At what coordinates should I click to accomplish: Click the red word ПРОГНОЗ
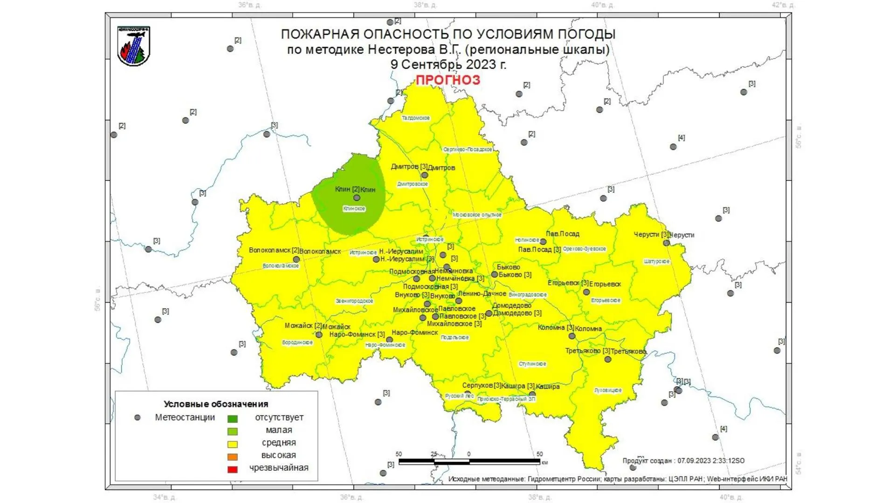pyautogui.click(x=447, y=80)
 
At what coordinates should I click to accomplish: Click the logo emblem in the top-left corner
pyautogui.click(x=134, y=46)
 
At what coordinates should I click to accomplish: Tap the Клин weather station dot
pyautogui.click(x=357, y=198)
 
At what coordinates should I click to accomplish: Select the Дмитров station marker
pyautogui.click(x=424, y=175)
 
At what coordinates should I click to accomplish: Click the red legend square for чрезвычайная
pyautogui.click(x=232, y=469)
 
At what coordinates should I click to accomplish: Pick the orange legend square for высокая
pyautogui.click(x=232, y=456)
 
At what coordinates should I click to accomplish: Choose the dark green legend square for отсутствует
pyautogui.click(x=232, y=419)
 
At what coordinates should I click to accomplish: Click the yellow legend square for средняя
pyautogui.click(x=232, y=444)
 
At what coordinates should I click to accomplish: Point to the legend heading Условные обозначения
pyautogui.click(x=216, y=404)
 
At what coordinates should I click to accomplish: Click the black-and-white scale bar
pyautogui.click(x=469, y=462)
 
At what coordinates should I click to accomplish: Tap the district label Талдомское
pyautogui.click(x=415, y=118)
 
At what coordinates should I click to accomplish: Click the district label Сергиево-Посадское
pyautogui.click(x=468, y=150)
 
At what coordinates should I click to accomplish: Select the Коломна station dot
pyautogui.click(x=571, y=336)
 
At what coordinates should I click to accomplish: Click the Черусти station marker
pyautogui.click(x=666, y=243)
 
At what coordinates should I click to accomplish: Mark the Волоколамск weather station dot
pyautogui.click(x=296, y=259)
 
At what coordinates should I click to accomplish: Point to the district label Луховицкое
pyautogui.click(x=608, y=390)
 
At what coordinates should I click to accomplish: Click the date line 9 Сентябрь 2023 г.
pyautogui.click(x=448, y=64)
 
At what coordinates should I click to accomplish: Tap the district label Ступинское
pyautogui.click(x=532, y=364)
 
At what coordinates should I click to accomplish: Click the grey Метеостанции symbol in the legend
pyautogui.click(x=137, y=418)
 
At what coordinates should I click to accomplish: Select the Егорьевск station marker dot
pyautogui.click(x=586, y=292)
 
